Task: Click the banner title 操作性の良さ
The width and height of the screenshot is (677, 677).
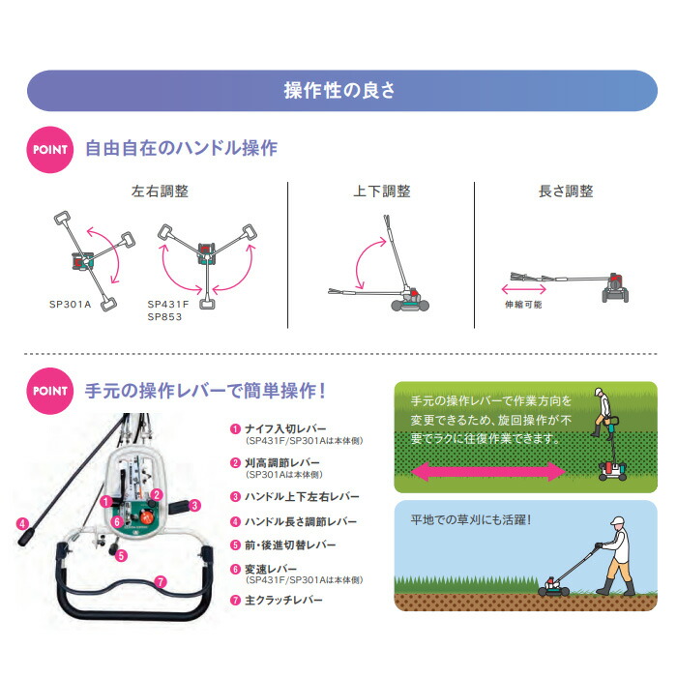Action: tap(339, 91)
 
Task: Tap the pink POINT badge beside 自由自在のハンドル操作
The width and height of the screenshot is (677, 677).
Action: tap(50, 149)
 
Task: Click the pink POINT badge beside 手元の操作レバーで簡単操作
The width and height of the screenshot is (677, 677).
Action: tap(50, 391)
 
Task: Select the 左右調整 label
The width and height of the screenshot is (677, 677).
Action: tap(160, 191)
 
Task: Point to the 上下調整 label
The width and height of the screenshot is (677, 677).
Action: tap(382, 191)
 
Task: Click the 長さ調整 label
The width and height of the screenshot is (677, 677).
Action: tap(566, 191)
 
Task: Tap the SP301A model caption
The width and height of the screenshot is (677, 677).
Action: tap(71, 305)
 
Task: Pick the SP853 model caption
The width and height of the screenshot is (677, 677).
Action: tap(164, 317)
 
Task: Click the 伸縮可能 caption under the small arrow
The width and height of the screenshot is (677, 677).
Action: tap(523, 305)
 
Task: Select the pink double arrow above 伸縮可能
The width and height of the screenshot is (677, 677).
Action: tap(524, 289)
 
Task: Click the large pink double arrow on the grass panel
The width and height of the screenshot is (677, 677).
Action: tap(488, 471)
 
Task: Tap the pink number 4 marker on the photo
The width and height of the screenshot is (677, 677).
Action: tap(22, 524)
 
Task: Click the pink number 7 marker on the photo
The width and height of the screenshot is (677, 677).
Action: tap(161, 581)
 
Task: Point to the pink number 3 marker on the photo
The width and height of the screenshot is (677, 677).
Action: tap(194, 505)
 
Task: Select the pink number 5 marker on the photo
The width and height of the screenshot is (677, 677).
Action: tap(121, 556)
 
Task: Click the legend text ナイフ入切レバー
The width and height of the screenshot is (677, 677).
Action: tap(285, 428)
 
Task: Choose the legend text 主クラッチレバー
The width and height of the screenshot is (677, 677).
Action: tap(283, 601)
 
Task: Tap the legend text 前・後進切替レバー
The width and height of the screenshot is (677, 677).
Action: tap(290, 545)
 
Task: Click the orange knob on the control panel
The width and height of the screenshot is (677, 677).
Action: tap(146, 515)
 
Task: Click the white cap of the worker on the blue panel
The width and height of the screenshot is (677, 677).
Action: tap(618, 520)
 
